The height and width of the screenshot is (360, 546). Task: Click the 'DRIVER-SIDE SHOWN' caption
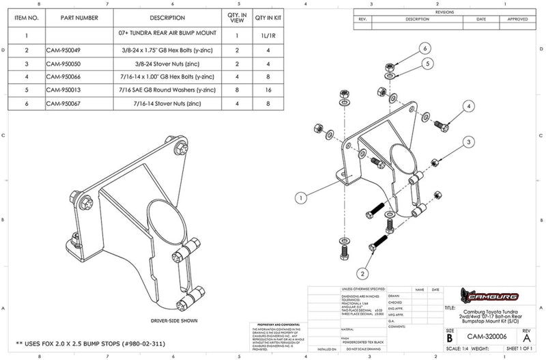click(x=160, y=320)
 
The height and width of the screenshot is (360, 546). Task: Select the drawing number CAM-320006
click(x=486, y=336)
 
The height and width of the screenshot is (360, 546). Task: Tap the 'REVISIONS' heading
click(x=444, y=12)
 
